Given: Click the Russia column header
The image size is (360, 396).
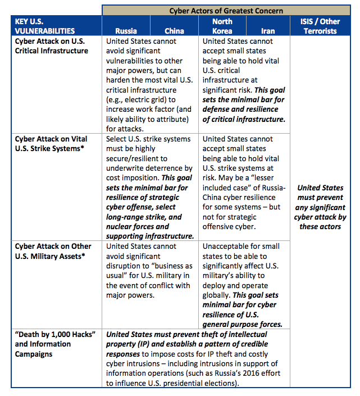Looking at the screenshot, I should pyautogui.click(x=126, y=31).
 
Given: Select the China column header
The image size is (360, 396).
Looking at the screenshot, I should pyautogui.click(x=174, y=31).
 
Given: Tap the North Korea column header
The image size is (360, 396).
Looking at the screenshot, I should pyautogui.click(x=222, y=26).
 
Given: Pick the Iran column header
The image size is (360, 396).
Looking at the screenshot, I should pyautogui.click(x=268, y=31).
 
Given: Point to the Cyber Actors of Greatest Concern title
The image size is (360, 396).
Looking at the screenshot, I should pyautogui.click(x=226, y=11).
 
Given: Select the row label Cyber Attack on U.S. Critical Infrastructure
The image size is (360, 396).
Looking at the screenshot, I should pyautogui.click(x=51, y=45).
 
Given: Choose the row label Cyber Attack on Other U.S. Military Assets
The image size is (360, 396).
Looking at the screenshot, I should pyautogui.click(x=52, y=251).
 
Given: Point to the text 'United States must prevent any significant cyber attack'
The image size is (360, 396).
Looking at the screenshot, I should pyautogui.click(x=321, y=207).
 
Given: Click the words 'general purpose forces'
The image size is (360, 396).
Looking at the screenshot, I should pyautogui.click(x=243, y=325).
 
